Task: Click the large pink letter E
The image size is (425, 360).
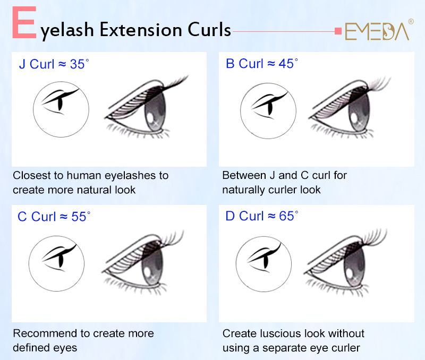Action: [24, 22]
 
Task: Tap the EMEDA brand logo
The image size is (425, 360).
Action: [377, 31]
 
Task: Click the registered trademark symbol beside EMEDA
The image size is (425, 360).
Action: [411, 21]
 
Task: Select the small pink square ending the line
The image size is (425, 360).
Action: [338, 31]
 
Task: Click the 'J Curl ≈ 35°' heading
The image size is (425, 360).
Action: [54, 64]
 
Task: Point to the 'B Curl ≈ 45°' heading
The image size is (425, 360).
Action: [262, 64]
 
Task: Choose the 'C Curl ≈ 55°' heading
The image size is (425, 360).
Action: [54, 217]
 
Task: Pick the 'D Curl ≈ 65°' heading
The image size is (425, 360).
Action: [262, 216]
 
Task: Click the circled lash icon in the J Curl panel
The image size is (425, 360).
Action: [61, 109]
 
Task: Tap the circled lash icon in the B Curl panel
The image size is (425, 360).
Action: [268, 111]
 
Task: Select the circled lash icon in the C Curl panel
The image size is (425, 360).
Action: [56, 263]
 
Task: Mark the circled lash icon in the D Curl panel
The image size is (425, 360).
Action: [263, 264]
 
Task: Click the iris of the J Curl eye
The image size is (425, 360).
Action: [155, 111]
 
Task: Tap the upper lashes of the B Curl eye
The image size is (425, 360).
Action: [379, 83]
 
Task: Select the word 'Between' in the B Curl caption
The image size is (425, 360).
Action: [244, 175]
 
